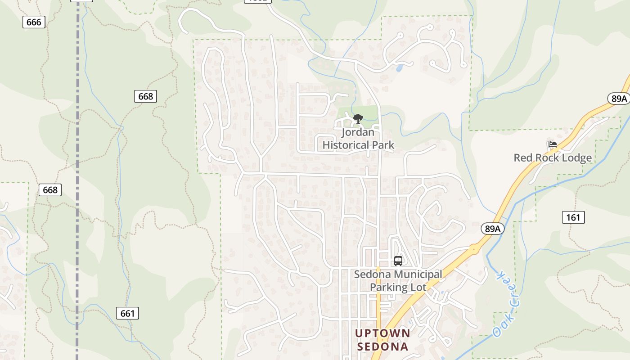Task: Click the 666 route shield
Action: (34, 22)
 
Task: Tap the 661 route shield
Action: (128, 313)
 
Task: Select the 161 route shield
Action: (573, 218)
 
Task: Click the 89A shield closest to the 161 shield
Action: (492, 229)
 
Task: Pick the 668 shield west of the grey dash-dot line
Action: (50, 190)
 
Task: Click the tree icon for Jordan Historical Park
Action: (358, 119)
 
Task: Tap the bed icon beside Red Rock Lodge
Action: (553, 144)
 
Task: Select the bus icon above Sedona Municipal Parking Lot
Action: (398, 261)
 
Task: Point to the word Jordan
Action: (358, 133)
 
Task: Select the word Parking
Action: (389, 287)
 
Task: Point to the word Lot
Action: (418, 287)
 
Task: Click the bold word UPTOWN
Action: (382, 333)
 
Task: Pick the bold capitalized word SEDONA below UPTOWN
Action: (382, 346)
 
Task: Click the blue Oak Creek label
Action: (507, 304)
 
